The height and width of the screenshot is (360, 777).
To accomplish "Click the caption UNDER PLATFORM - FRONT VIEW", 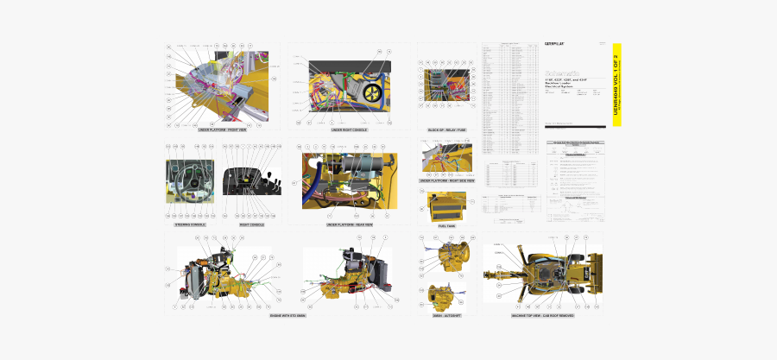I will [222, 129].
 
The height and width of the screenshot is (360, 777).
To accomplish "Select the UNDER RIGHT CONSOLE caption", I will [349, 129].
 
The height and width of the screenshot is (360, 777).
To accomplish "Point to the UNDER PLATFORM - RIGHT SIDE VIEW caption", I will [446, 180].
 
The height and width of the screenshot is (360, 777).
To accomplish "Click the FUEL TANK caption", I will [446, 226].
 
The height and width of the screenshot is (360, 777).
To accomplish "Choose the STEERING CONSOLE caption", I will [190, 224].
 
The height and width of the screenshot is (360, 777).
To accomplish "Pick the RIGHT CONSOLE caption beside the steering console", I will [251, 224].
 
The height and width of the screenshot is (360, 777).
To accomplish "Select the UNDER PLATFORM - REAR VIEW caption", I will [349, 224].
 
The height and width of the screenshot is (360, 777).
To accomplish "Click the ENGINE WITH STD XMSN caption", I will [287, 315].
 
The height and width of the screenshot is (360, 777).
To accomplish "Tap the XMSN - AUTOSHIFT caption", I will [446, 315].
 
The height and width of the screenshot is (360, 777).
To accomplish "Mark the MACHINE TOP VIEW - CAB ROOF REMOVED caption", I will [542, 315].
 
